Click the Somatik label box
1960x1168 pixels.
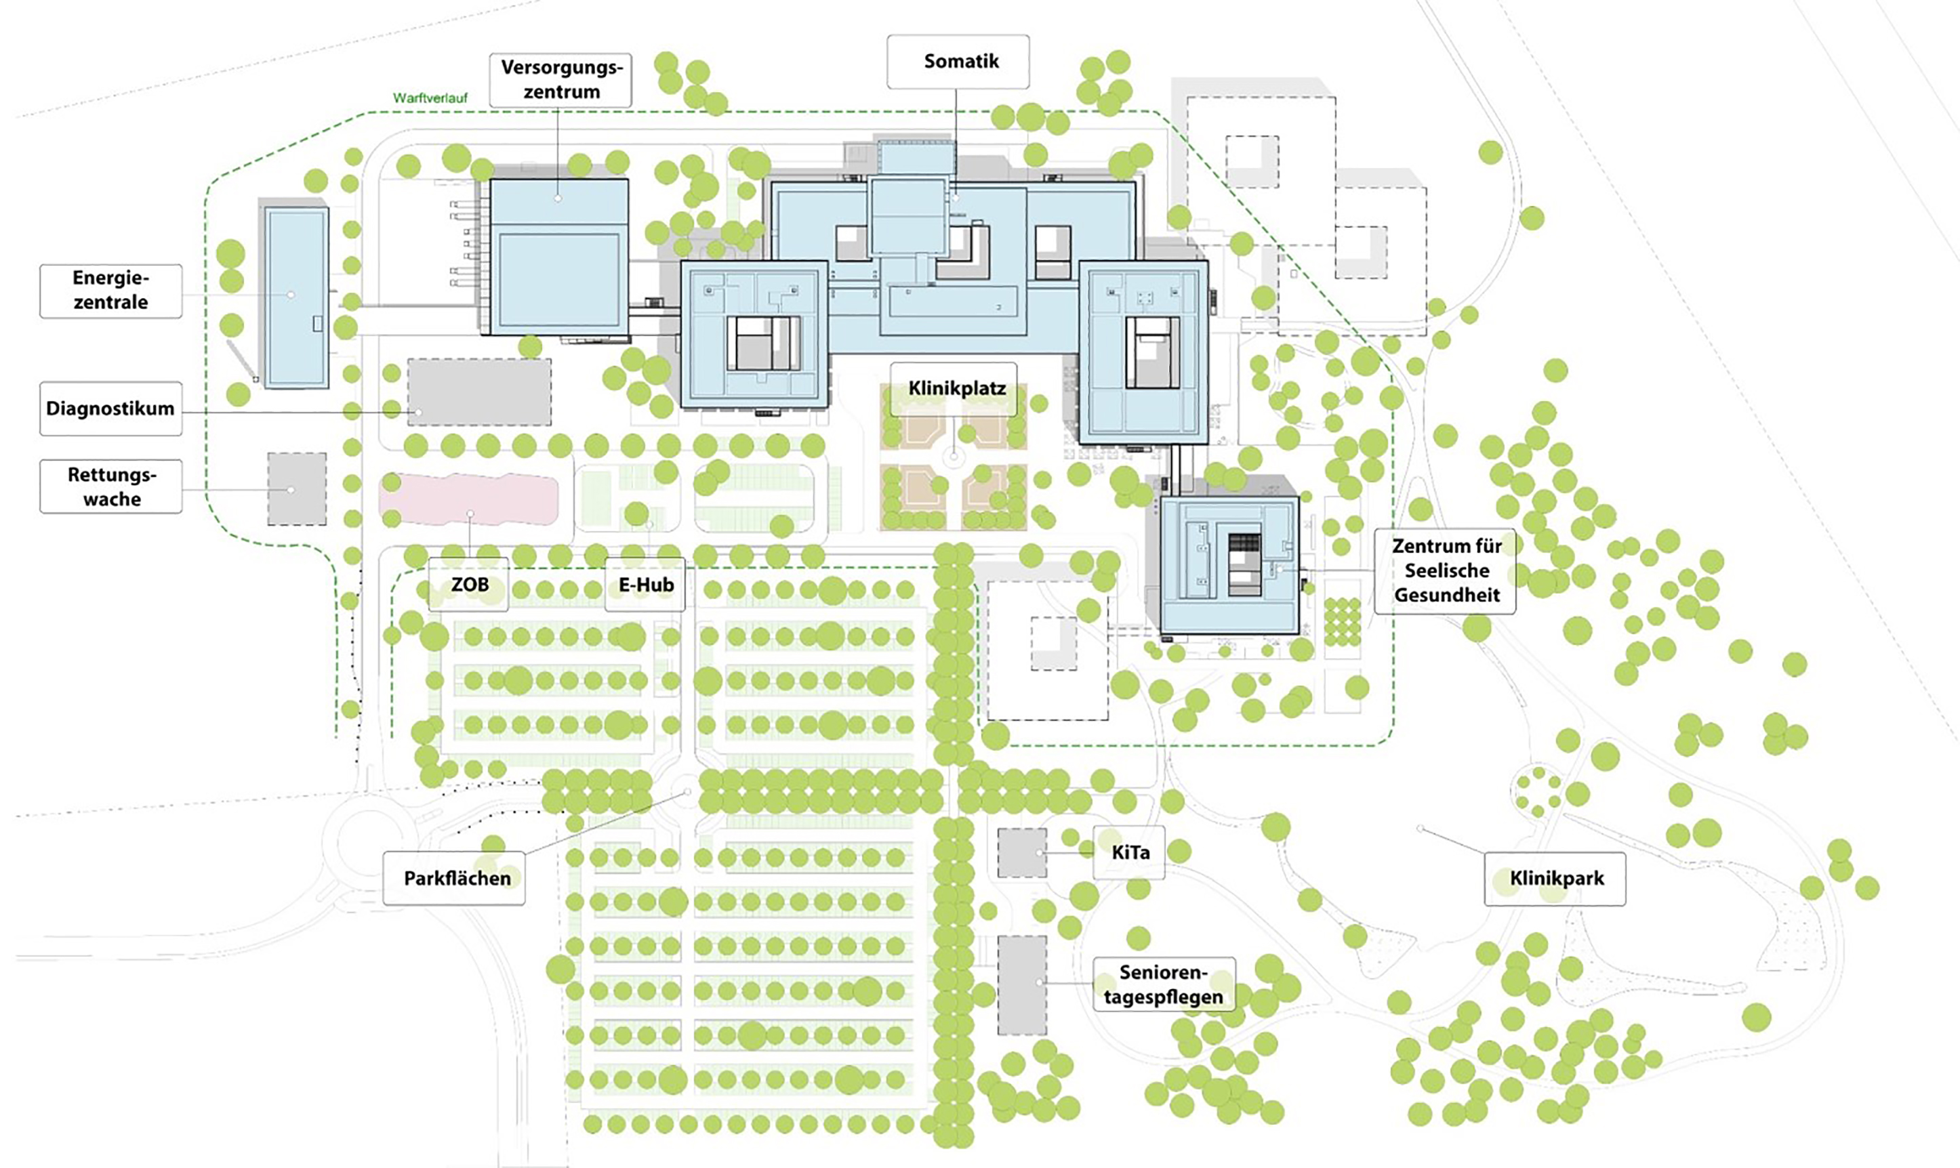(957, 62)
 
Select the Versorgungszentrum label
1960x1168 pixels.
(560, 79)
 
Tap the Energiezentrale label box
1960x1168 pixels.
(111, 291)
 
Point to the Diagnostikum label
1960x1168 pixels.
(111, 409)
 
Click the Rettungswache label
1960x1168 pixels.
(111, 486)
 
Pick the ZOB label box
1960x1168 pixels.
(469, 585)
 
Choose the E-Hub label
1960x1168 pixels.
(645, 585)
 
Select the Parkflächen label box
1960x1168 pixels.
(455, 877)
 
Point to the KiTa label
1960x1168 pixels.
(1130, 852)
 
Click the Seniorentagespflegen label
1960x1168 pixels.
(1164, 984)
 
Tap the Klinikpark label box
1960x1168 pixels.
(1555, 878)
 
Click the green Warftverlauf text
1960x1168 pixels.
(430, 98)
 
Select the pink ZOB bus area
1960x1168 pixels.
(469, 499)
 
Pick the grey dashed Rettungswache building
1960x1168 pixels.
(297, 488)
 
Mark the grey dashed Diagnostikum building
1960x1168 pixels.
(478, 392)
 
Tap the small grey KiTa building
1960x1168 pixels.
(1022, 852)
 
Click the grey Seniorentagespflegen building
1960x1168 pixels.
(1022, 984)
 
